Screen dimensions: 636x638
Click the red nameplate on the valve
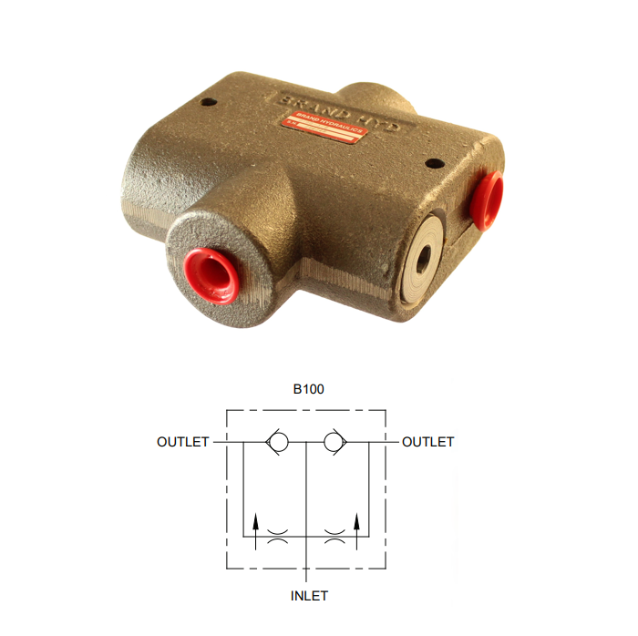point(324,124)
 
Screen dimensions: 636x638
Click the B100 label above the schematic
point(308,388)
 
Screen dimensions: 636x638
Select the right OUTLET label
point(427,442)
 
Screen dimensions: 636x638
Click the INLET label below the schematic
point(308,596)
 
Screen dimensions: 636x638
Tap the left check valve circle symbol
point(279,442)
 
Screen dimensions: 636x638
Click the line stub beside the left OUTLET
point(220,442)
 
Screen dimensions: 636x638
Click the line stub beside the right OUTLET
point(394,442)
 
